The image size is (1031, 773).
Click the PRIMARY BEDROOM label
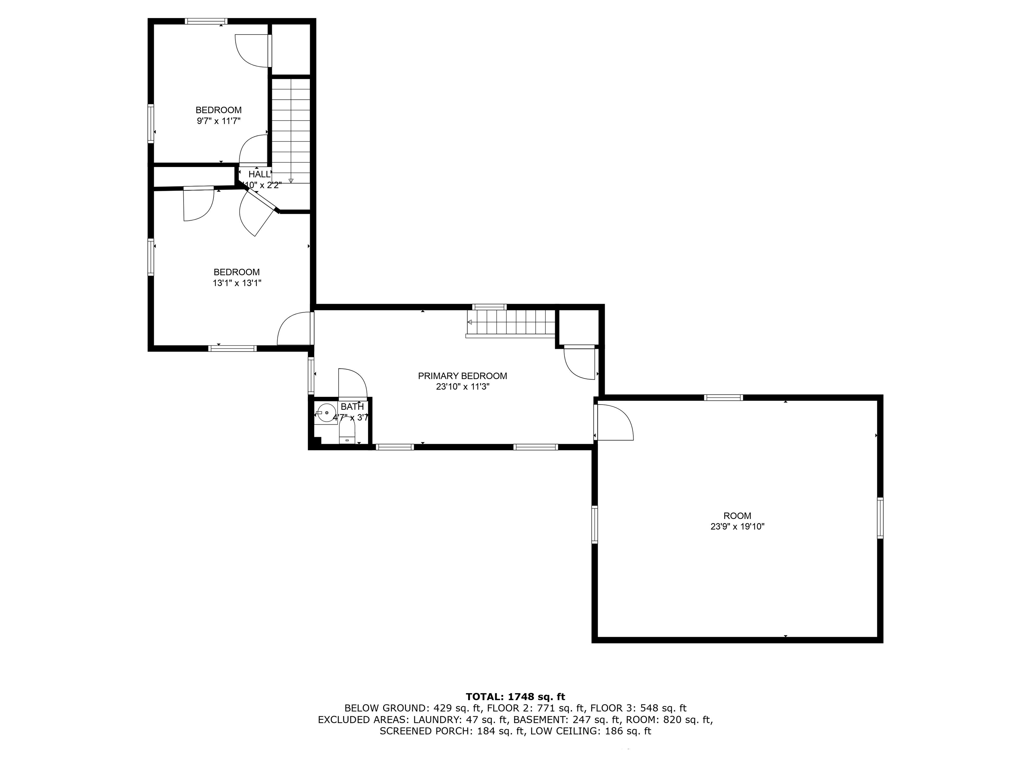[x=462, y=376]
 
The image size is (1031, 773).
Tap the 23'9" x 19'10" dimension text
[x=737, y=527]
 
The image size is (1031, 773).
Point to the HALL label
[x=259, y=174]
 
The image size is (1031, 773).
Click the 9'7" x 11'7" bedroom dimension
[x=218, y=121]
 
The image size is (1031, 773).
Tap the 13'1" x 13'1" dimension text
[x=237, y=283]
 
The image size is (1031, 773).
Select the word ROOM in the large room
[x=737, y=516]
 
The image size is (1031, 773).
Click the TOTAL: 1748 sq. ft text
[x=515, y=697]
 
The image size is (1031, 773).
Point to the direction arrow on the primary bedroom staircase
[x=470, y=322]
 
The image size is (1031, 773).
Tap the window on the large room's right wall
[x=880, y=518]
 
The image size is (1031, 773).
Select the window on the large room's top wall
[x=723, y=398]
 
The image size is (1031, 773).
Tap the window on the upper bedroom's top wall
[x=206, y=21]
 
